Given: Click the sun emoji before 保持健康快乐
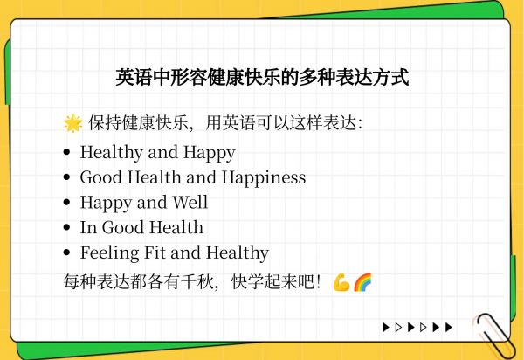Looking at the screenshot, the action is tap(72, 123).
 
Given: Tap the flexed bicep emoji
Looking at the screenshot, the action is tap(341, 282).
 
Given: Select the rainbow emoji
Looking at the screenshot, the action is tap(362, 282).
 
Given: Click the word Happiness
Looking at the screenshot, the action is tap(264, 177).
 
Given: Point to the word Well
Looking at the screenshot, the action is tap(190, 202).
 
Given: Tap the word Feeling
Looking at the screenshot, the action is tap(110, 253).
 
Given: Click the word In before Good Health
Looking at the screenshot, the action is tap(88, 227).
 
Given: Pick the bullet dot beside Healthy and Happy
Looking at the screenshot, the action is tap(67, 152).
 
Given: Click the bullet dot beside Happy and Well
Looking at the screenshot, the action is tap(67, 202).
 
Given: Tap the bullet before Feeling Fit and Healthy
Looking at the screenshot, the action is tap(67, 253).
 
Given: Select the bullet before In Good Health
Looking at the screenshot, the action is tap(67, 227).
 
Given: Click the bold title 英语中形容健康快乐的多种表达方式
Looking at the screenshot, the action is tap(262, 78).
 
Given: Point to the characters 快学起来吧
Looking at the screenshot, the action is tap(272, 281).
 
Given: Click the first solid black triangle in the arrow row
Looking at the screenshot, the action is tap(386, 328).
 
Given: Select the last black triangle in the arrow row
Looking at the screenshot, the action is tap(449, 328).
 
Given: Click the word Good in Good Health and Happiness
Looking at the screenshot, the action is tap(101, 177).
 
